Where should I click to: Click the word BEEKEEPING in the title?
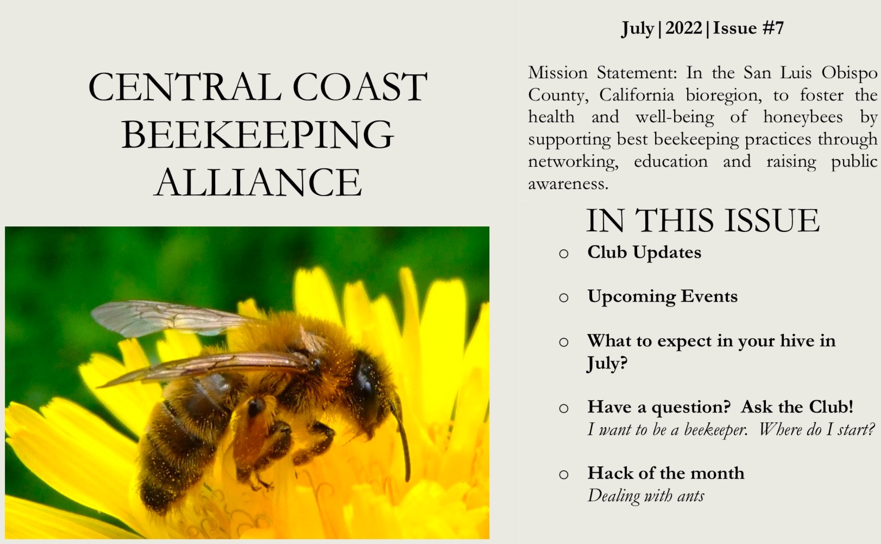click(x=257, y=135)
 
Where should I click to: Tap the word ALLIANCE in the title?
click(x=257, y=182)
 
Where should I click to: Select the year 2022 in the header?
click(x=683, y=28)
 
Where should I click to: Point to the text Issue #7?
click(x=748, y=28)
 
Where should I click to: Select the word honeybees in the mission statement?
click(x=803, y=117)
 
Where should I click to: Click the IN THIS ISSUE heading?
click(x=702, y=220)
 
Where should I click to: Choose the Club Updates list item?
click(x=644, y=252)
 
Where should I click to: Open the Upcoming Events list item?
click(x=662, y=296)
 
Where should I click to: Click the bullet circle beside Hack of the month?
click(x=563, y=475)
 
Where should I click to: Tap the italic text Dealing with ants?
click(x=645, y=496)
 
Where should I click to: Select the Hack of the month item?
click(x=665, y=473)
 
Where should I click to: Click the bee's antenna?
click(x=404, y=440)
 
